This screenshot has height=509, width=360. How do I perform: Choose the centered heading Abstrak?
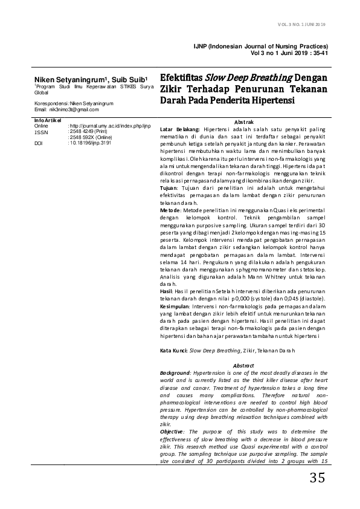coord(243,122)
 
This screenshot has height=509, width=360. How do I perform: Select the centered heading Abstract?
coord(243,366)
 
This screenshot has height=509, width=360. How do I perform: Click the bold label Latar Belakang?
coord(180,129)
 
